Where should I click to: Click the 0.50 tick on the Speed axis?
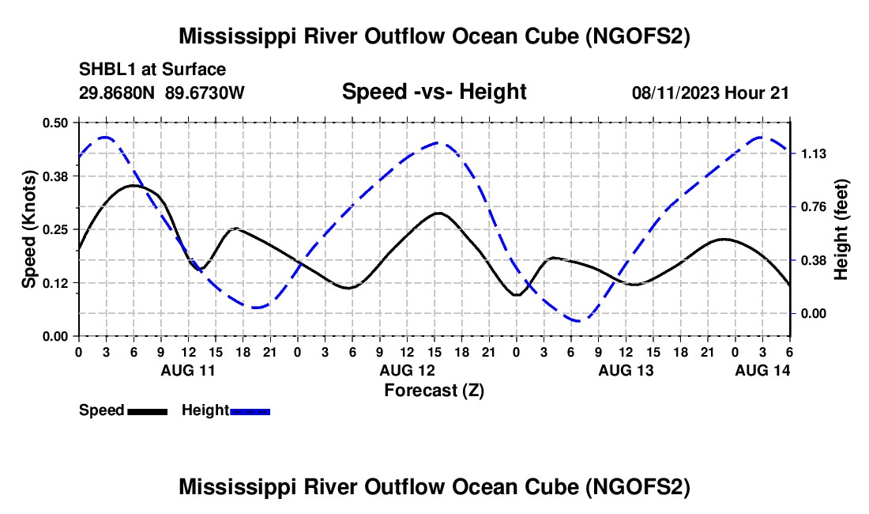pos(55,123)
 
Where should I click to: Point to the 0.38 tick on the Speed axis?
pos(55,176)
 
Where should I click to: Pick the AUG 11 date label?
pos(188,370)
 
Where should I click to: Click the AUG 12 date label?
pos(407,370)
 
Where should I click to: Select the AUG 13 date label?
pos(626,370)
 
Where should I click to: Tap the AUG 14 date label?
pos(762,370)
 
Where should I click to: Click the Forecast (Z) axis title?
pos(434,390)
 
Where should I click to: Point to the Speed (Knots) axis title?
pos(28,229)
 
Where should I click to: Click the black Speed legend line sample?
pos(147,410)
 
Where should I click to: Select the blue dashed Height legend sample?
pos(250,410)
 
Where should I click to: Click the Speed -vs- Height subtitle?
pos(434,93)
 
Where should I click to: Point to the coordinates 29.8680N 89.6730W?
pos(162,93)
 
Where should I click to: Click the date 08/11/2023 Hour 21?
pos(710,93)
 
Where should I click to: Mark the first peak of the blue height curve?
pos(105,137)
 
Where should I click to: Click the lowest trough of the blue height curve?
pos(577,321)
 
